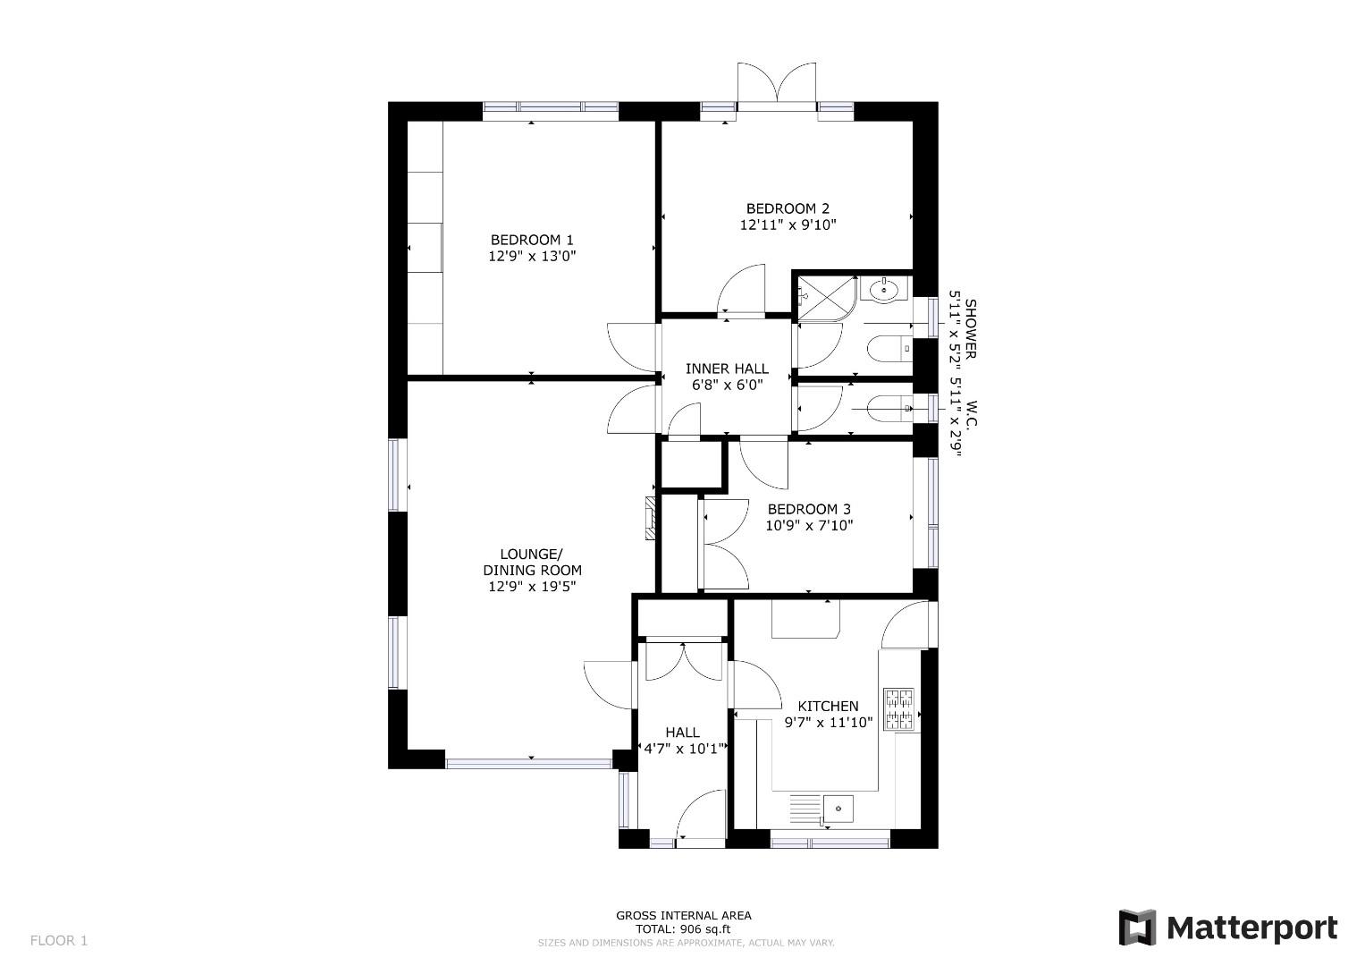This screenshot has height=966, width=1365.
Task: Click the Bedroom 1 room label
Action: click(532, 240)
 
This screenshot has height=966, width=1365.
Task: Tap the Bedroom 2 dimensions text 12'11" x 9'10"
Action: click(788, 225)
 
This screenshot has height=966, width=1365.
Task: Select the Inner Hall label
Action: click(727, 369)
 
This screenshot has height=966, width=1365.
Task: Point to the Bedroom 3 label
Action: click(809, 509)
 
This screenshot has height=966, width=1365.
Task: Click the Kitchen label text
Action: click(828, 707)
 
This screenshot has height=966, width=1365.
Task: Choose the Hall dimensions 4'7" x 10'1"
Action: click(683, 749)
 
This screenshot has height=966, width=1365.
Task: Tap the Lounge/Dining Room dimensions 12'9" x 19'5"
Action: click(532, 587)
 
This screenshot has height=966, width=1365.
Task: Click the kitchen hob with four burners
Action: click(899, 709)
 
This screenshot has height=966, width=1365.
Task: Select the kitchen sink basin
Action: click(838, 809)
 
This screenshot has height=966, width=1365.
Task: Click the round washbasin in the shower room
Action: click(883, 289)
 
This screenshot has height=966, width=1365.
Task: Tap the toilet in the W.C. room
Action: click(889, 408)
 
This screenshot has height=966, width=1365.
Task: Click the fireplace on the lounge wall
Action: click(651, 519)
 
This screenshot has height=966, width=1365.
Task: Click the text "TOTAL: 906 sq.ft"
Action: click(683, 929)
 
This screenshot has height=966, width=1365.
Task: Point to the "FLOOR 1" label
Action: click(59, 941)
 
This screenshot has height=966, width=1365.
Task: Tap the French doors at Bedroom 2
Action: click(776, 85)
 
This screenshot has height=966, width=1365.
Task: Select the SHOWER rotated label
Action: click(971, 329)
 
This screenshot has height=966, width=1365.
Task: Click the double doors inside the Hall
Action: click(684, 662)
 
